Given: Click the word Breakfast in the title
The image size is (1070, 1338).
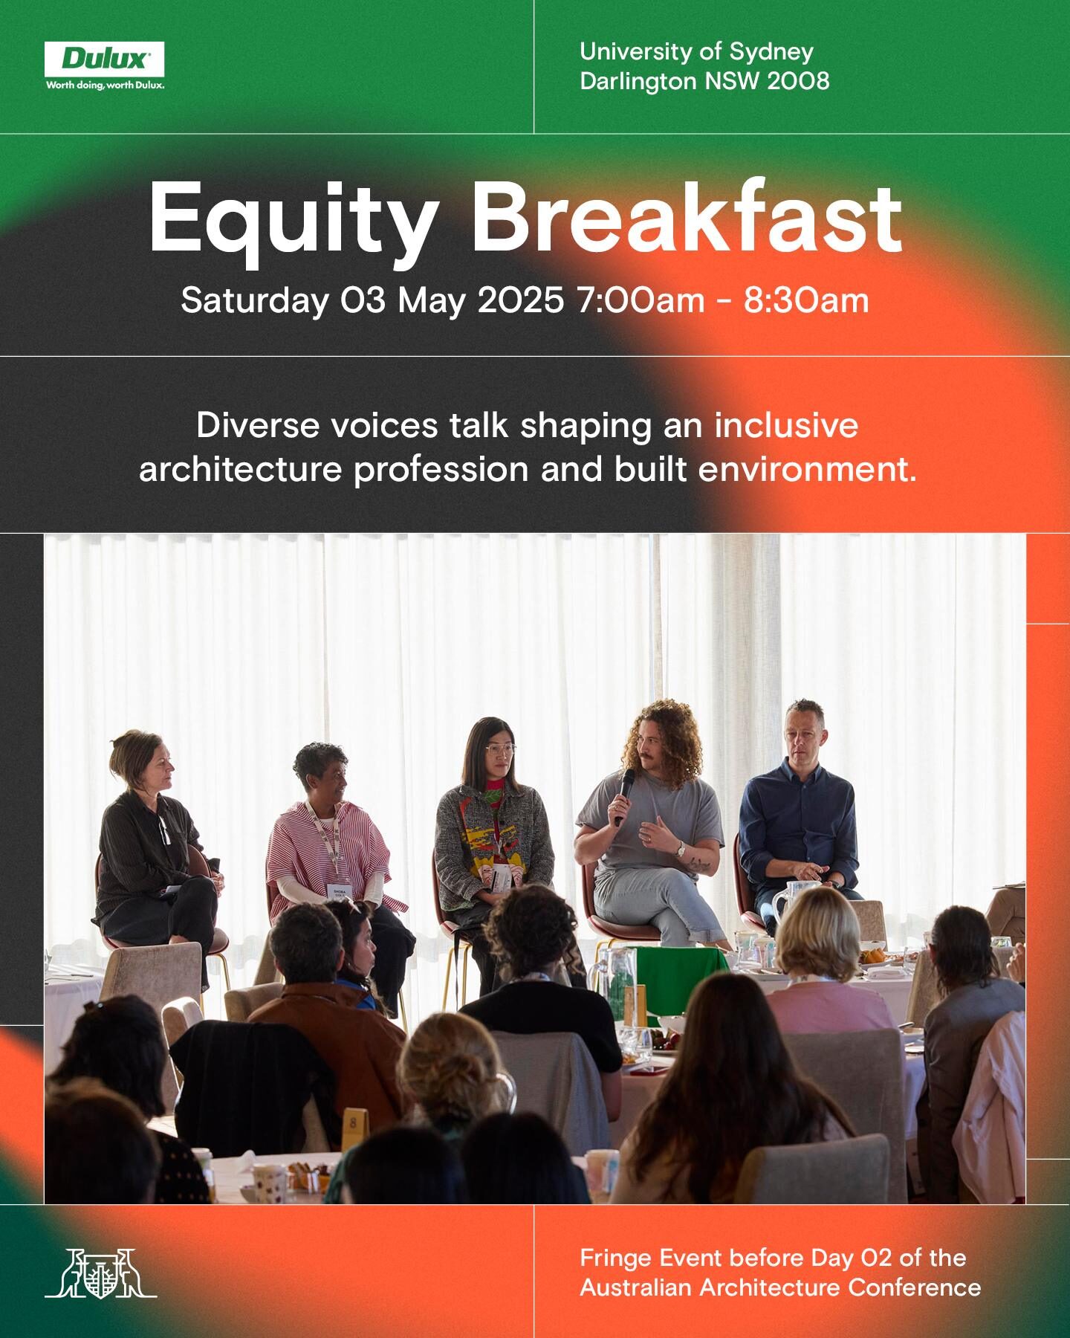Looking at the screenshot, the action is (686, 217).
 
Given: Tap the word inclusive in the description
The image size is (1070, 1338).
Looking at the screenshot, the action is (786, 425).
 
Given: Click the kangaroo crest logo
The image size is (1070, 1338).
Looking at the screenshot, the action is (100, 1273).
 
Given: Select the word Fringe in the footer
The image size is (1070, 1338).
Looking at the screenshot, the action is (617, 1258).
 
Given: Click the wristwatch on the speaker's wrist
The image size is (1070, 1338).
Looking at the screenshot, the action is (679, 848).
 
